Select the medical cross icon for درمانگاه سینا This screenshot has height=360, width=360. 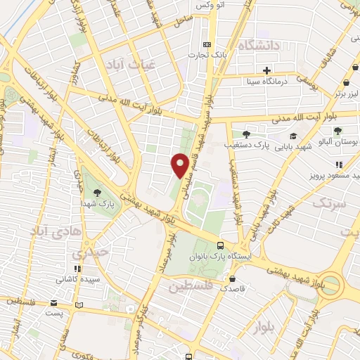267,70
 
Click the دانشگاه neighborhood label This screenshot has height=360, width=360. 259,46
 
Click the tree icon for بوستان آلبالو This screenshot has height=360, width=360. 338,131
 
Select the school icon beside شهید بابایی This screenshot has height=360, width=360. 292,136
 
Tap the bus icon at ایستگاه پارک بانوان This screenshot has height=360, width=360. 221,245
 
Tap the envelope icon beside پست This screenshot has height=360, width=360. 53,303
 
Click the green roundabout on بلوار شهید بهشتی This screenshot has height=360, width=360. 335,288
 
